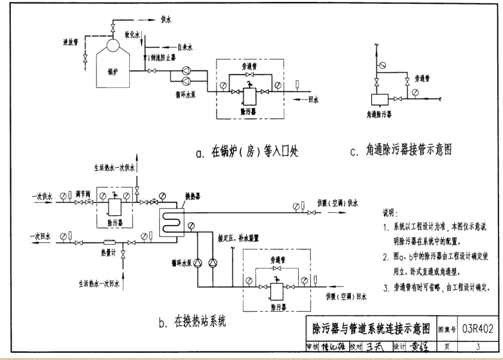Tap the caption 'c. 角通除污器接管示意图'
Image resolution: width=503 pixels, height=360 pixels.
[x=401, y=150]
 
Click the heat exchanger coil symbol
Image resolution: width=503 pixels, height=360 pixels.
[x=170, y=222]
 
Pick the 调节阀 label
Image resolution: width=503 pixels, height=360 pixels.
[x=81, y=192]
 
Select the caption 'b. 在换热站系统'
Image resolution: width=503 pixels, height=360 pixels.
[x=193, y=319]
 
